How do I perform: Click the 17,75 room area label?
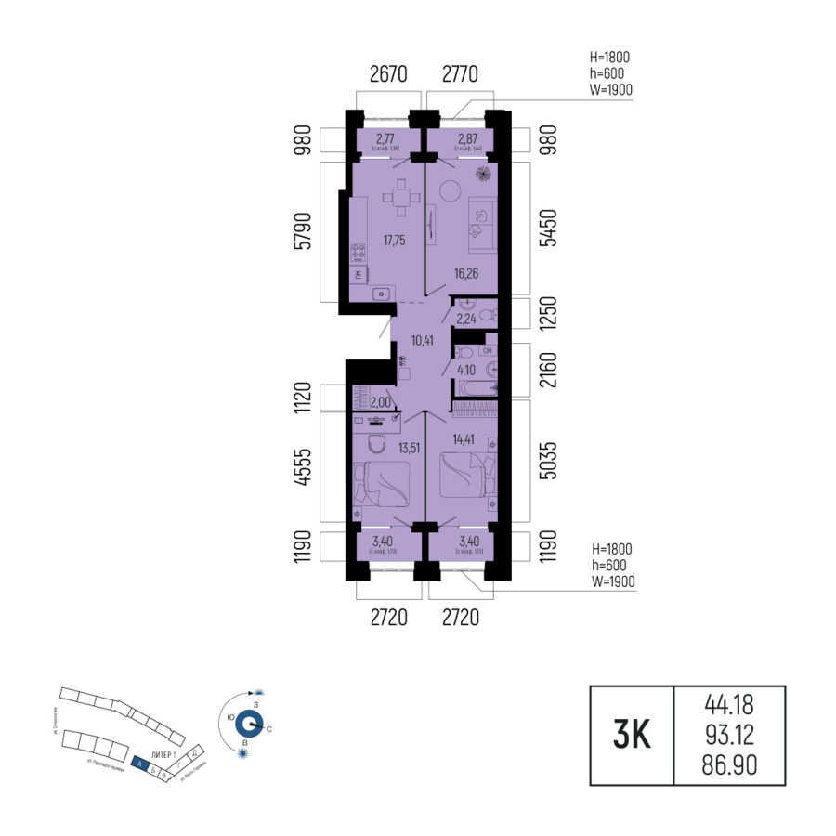(394, 241)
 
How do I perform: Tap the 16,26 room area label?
(468, 274)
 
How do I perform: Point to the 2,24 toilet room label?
(464, 320)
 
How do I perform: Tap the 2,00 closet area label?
(380, 402)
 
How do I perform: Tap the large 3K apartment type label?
(632, 737)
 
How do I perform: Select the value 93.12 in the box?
(729, 737)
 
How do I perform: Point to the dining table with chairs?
(399, 198)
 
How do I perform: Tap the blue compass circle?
(248, 724)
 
